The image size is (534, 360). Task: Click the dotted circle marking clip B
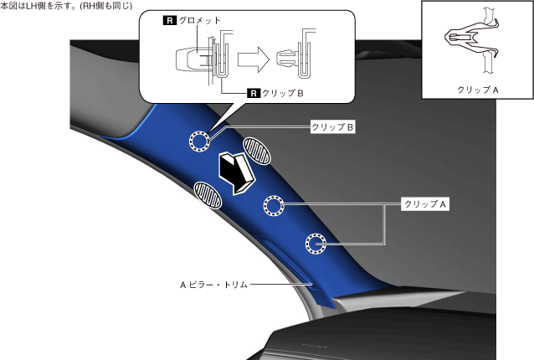pyautogui.click(x=201, y=141)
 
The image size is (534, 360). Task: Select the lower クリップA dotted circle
pyautogui.click(x=316, y=244)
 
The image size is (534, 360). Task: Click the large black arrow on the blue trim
pyautogui.click(x=236, y=172)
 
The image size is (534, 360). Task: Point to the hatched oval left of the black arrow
pyautogui.click(x=208, y=193)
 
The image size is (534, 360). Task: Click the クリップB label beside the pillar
pyautogui.click(x=333, y=127)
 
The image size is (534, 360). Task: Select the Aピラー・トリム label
pyautogui.click(x=213, y=284)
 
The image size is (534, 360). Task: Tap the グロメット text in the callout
pyautogui.click(x=198, y=18)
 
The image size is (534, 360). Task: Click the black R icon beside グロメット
pyautogui.click(x=169, y=18)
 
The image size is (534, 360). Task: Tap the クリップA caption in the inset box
pyautogui.click(x=478, y=89)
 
